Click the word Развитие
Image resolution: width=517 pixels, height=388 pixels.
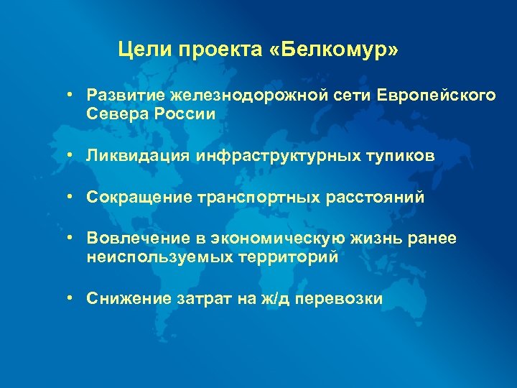pyautogui.click(x=125, y=96)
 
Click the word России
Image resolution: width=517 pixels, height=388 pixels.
pyautogui.click(x=185, y=114)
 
